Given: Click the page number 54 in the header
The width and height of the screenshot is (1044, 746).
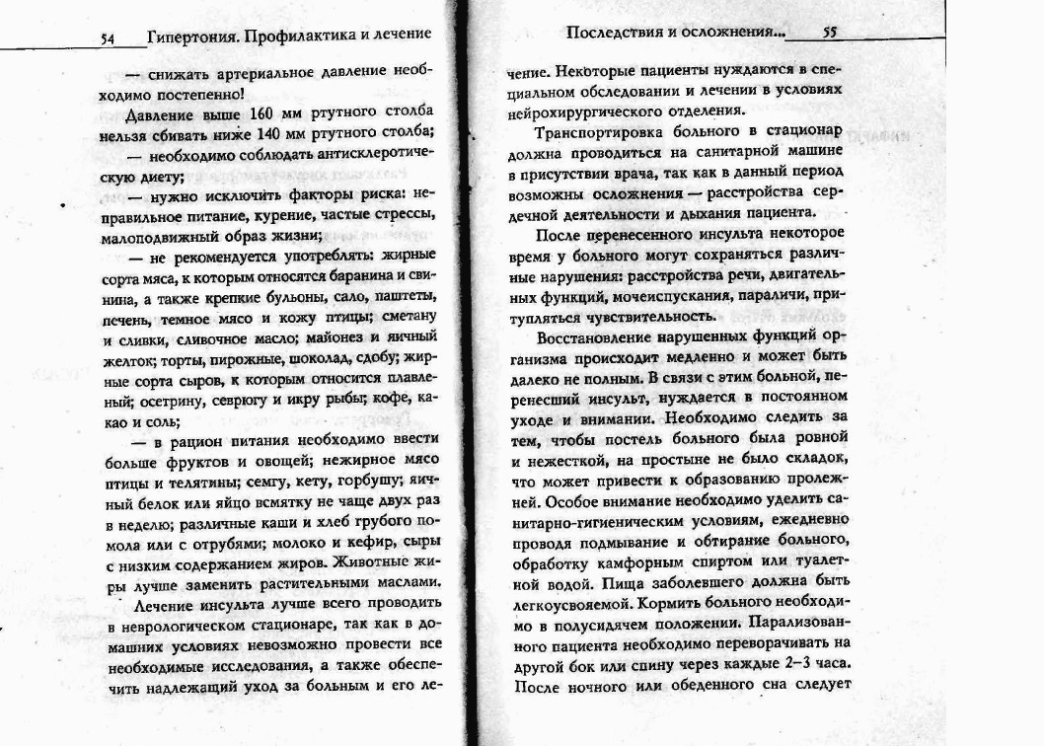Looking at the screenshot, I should [109, 38].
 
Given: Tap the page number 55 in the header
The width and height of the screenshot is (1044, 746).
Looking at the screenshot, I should [830, 33].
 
